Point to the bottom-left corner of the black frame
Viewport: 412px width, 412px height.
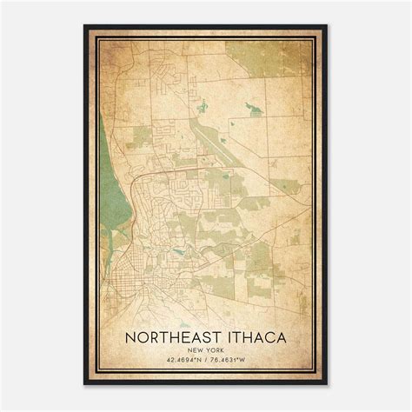(x=84, y=383)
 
